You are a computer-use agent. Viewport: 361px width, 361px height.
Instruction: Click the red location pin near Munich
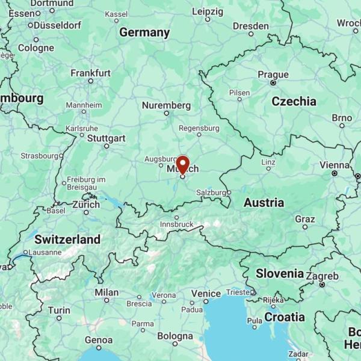[x=182, y=164]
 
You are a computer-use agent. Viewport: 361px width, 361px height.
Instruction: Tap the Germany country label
[x=144, y=32]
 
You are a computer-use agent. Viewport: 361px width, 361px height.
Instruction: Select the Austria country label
[x=264, y=203]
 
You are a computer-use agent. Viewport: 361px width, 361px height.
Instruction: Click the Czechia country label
[x=294, y=101]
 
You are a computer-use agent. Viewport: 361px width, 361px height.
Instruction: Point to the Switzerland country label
[x=67, y=239]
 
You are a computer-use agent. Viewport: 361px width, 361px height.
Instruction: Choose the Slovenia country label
[x=280, y=273]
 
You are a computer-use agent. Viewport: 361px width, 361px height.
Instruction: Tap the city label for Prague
[x=273, y=75]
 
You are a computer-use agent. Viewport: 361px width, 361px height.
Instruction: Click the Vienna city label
[x=334, y=165]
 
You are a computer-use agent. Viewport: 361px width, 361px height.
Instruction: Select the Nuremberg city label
[x=166, y=105]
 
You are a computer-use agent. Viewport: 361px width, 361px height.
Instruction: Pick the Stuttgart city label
[x=106, y=138]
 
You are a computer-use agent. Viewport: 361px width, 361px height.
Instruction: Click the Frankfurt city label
[x=91, y=73]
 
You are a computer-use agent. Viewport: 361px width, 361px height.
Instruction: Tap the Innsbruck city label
[x=176, y=224]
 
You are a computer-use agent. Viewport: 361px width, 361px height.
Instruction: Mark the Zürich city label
[x=86, y=205]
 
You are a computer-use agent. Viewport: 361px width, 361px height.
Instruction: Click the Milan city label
[x=106, y=292]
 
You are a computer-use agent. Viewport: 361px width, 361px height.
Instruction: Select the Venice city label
[x=206, y=293]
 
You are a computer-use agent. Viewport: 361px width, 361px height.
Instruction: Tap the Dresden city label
[x=251, y=26]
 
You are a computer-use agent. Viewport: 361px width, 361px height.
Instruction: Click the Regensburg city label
[x=199, y=128]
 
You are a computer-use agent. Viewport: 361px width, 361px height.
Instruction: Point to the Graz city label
[x=305, y=219]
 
